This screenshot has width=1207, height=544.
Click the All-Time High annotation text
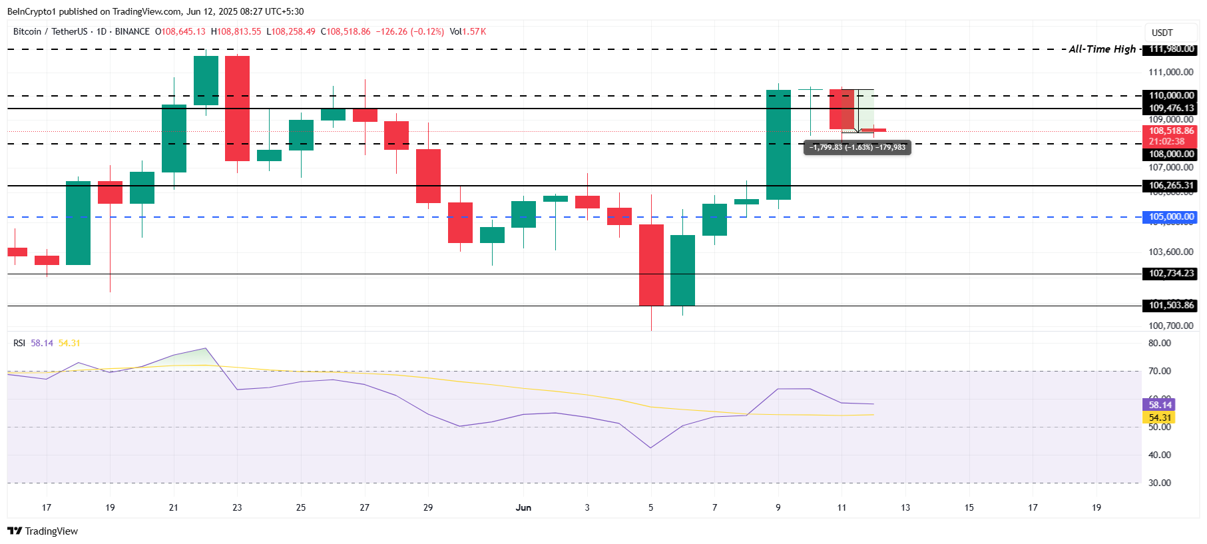coord(1102,49)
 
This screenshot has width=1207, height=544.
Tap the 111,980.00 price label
coord(1171,49)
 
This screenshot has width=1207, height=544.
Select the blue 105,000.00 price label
coord(1171,217)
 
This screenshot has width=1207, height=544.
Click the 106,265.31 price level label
coord(1171,186)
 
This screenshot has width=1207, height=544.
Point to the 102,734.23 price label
coord(1171,274)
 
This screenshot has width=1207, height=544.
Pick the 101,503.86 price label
coord(1171,306)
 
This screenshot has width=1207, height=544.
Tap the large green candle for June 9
coord(778,144)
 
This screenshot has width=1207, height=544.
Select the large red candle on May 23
coord(237,109)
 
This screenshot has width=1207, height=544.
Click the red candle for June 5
coord(651,265)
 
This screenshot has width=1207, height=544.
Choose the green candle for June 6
coord(682,270)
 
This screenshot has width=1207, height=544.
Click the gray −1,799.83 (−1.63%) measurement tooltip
coord(857,147)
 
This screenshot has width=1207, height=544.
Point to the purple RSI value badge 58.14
coord(1159,405)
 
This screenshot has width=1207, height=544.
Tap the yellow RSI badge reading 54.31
coord(1159,417)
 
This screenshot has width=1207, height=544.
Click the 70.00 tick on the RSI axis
coord(1159,372)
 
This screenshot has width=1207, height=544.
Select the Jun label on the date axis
coord(523,508)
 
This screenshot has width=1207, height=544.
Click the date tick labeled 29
coord(428,508)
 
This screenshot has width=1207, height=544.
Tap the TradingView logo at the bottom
coord(43,531)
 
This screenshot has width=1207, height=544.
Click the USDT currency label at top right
coord(1162,33)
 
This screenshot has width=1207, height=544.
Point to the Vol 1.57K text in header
coord(467,32)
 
